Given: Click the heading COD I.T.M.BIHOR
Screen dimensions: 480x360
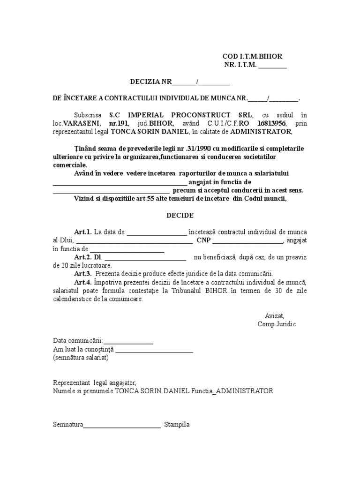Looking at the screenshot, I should pos(252,56).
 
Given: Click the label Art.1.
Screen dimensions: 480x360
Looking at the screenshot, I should pos(83,232).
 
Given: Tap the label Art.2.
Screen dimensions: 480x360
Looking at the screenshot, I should pos(83,257).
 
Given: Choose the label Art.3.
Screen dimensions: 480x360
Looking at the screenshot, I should pos(83,274).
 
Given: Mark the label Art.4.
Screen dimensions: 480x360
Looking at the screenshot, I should pos(83,282).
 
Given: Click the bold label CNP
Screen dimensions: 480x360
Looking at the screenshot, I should pos(203,240).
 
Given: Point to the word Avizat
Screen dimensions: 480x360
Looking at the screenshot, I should pos(274,316).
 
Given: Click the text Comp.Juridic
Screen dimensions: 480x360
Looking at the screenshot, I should pos(277,324).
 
